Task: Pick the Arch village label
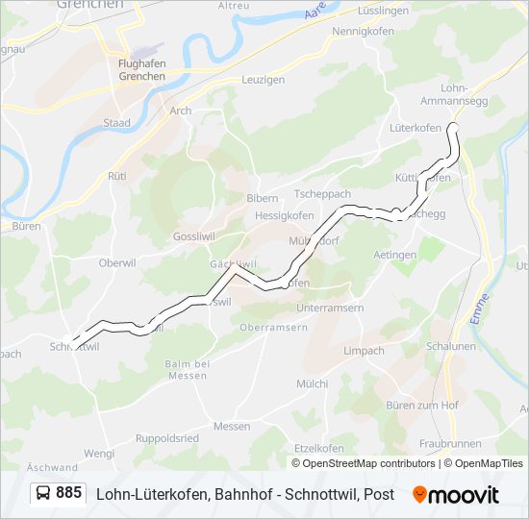pos(180,111)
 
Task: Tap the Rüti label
pos(117,176)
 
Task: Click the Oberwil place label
pos(118,262)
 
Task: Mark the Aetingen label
pos(394,255)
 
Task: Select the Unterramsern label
pos(331,307)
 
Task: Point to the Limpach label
pos(365,351)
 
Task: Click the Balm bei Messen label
pos(187,369)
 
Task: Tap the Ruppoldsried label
pos(167,437)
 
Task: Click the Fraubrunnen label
pos(449,444)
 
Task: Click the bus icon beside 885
pos(44,493)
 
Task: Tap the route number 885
pos(68,493)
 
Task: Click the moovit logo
pos(456,495)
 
